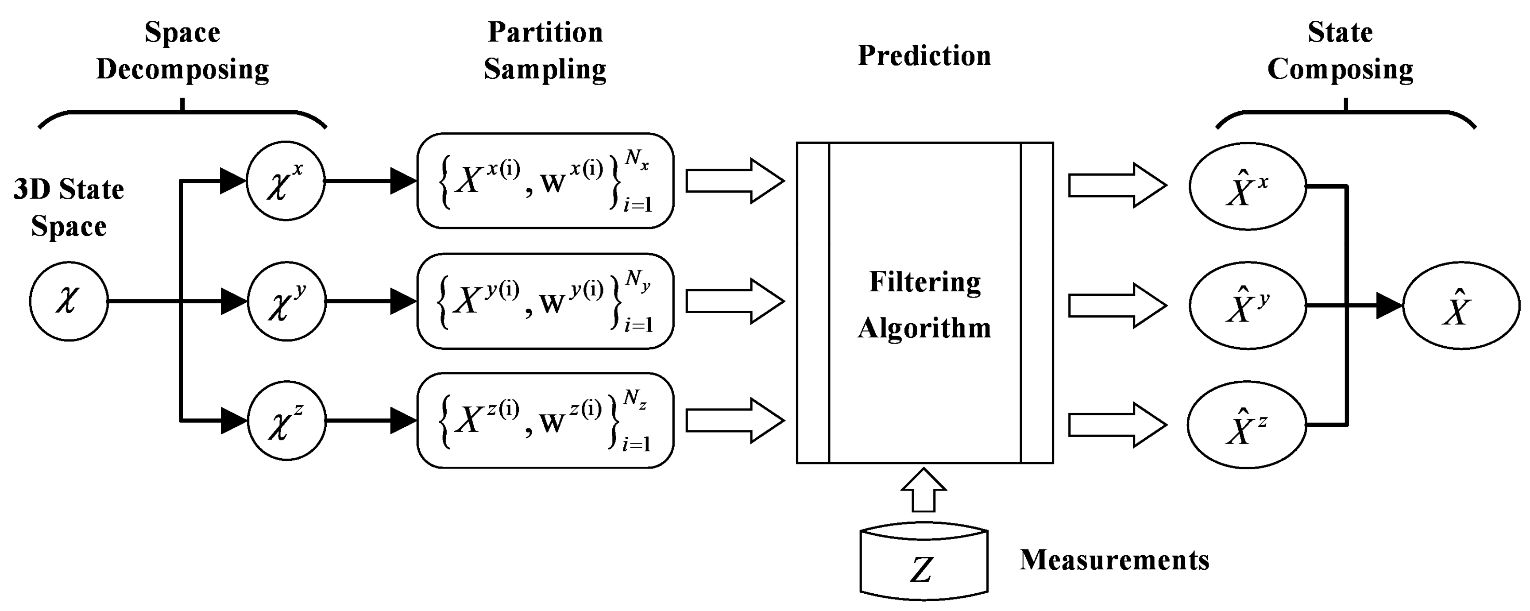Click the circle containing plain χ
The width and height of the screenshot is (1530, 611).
[69, 301]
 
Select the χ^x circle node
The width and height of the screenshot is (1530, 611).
[286, 181]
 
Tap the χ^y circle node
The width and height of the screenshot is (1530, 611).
[286, 301]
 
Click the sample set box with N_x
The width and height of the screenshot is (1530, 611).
[545, 181]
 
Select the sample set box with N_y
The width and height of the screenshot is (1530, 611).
[545, 301]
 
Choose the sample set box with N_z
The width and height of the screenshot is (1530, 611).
[545, 421]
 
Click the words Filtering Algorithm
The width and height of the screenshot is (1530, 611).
[924, 305]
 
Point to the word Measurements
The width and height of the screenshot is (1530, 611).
[1114, 560]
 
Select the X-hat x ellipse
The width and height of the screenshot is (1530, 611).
[1247, 186]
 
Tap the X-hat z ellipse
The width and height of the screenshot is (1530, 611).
[1247, 425]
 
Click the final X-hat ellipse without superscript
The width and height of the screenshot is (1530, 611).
[1460, 306]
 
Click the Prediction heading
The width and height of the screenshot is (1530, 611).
[924, 56]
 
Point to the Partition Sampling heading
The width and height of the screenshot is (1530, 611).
[545, 50]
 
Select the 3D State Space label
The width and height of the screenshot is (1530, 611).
[69, 208]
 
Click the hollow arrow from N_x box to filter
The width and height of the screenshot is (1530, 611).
[735, 181]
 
